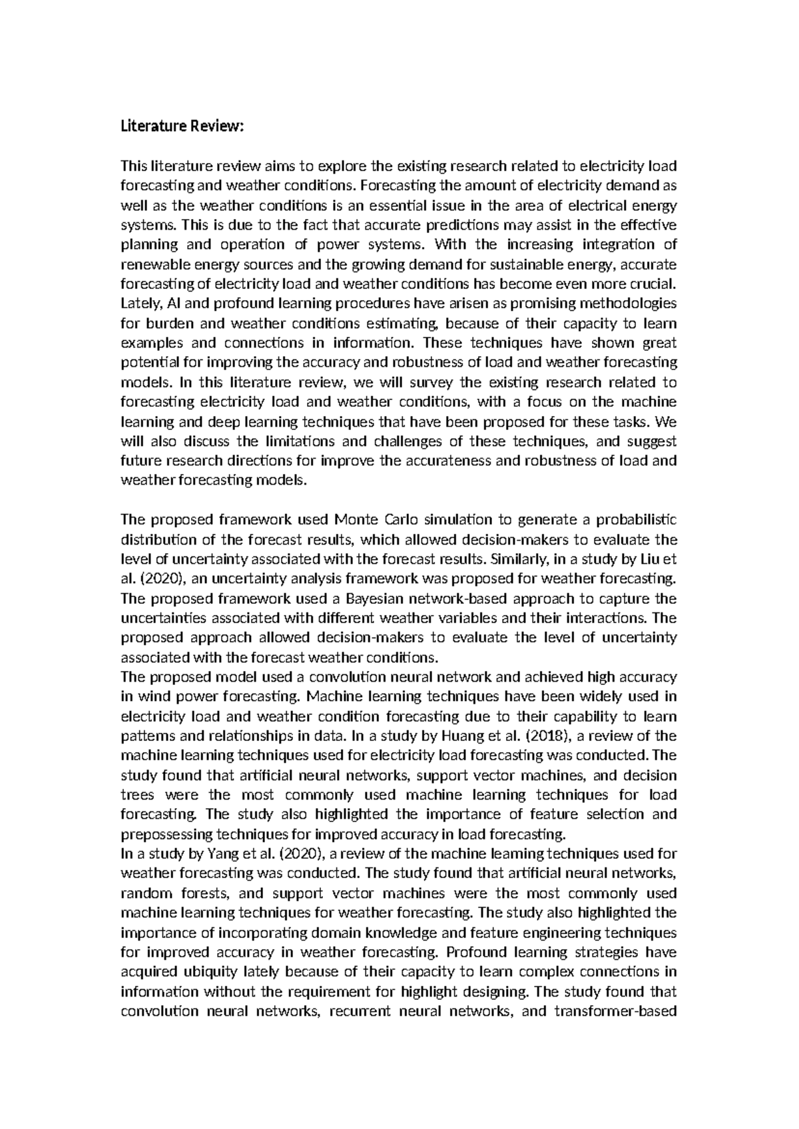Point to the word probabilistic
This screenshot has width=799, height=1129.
coord(633,520)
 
